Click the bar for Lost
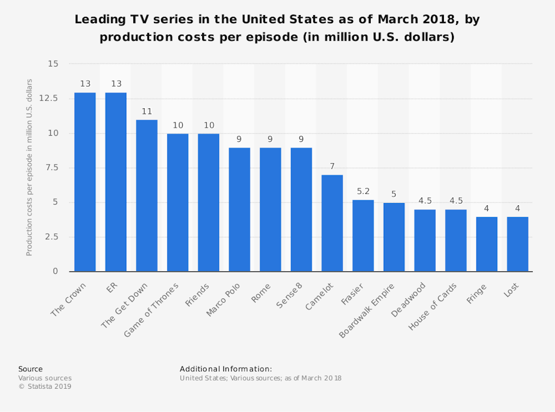(518, 244)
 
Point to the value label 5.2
(363, 191)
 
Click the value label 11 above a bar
(146, 112)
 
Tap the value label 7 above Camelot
(332, 167)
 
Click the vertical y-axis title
(29, 168)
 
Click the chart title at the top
(277, 29)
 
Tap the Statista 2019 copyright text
(45, 387)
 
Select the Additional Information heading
(226, 369)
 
